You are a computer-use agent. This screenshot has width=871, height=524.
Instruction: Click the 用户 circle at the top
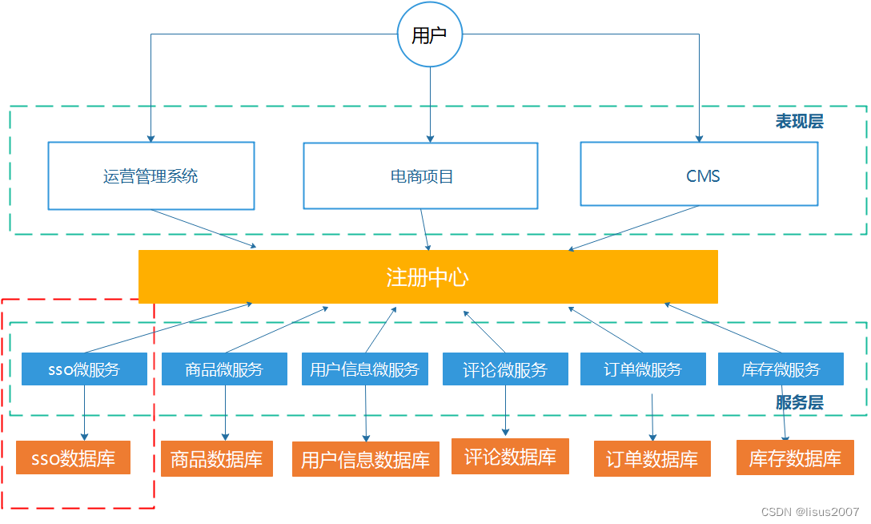click(430, 34)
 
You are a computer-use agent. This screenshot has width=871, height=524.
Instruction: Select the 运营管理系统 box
click(151, 176)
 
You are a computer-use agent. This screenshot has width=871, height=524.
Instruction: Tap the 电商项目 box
click(420, 176)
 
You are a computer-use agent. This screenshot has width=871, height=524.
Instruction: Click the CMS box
click(699, 175)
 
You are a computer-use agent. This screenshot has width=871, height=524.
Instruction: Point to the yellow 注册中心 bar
click(427, 277)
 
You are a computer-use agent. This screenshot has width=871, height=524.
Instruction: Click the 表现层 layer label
click(798, 122)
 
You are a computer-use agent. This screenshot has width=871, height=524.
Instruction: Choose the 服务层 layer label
click(798, 403)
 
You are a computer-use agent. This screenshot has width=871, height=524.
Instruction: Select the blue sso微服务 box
click(84, 369)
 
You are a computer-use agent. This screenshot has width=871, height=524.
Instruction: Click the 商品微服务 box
click(224, 369)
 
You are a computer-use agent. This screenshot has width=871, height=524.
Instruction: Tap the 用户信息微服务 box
click(364, 369)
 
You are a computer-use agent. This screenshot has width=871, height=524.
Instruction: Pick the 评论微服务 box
click(505, 369)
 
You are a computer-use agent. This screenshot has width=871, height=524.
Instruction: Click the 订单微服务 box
click(643, 369)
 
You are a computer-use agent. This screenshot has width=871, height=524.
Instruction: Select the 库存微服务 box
click(781, 369)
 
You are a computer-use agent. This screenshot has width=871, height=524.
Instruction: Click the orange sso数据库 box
click(73, 459)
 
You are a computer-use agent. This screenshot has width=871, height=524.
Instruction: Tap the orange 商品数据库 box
click(216, 459)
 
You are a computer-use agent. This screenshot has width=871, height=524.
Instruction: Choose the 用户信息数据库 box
click(365, 459)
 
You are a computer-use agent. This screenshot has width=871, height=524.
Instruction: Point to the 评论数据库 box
click(510, 457)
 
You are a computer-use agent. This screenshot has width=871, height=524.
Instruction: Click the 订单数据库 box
click(652, 459)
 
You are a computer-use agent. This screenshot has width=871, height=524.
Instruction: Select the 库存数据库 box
click(794, 458)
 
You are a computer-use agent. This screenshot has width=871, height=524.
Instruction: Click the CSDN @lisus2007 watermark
click(809, 512)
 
